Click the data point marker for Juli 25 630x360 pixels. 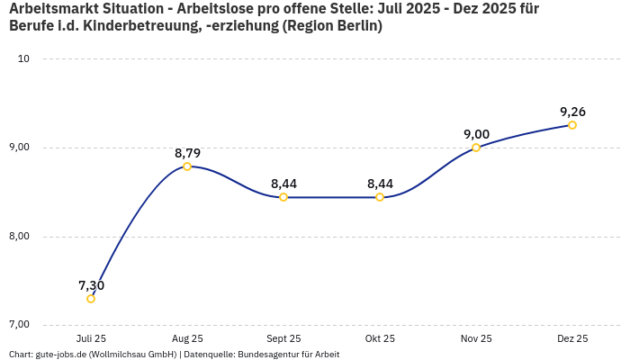(91, 299)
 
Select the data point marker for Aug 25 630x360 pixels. (187, 166)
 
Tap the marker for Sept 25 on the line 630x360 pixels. (283, 197)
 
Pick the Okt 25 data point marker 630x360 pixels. (380, 197)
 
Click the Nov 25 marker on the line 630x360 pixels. (476, 148)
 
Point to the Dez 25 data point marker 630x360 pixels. (572, 125)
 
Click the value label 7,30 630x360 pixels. (91, 285)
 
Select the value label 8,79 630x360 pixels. (187, 153)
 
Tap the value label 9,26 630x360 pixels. (572, 112)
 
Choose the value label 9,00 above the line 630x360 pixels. (476, 134)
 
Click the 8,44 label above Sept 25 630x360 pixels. (283, 184)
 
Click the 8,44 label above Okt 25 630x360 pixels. (380, 184)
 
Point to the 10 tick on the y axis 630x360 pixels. (23, 58)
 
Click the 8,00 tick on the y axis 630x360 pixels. (18, 236)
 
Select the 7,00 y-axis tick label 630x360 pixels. (18, 324)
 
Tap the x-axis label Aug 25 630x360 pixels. (187, 338)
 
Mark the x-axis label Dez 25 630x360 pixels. (572, 338)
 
